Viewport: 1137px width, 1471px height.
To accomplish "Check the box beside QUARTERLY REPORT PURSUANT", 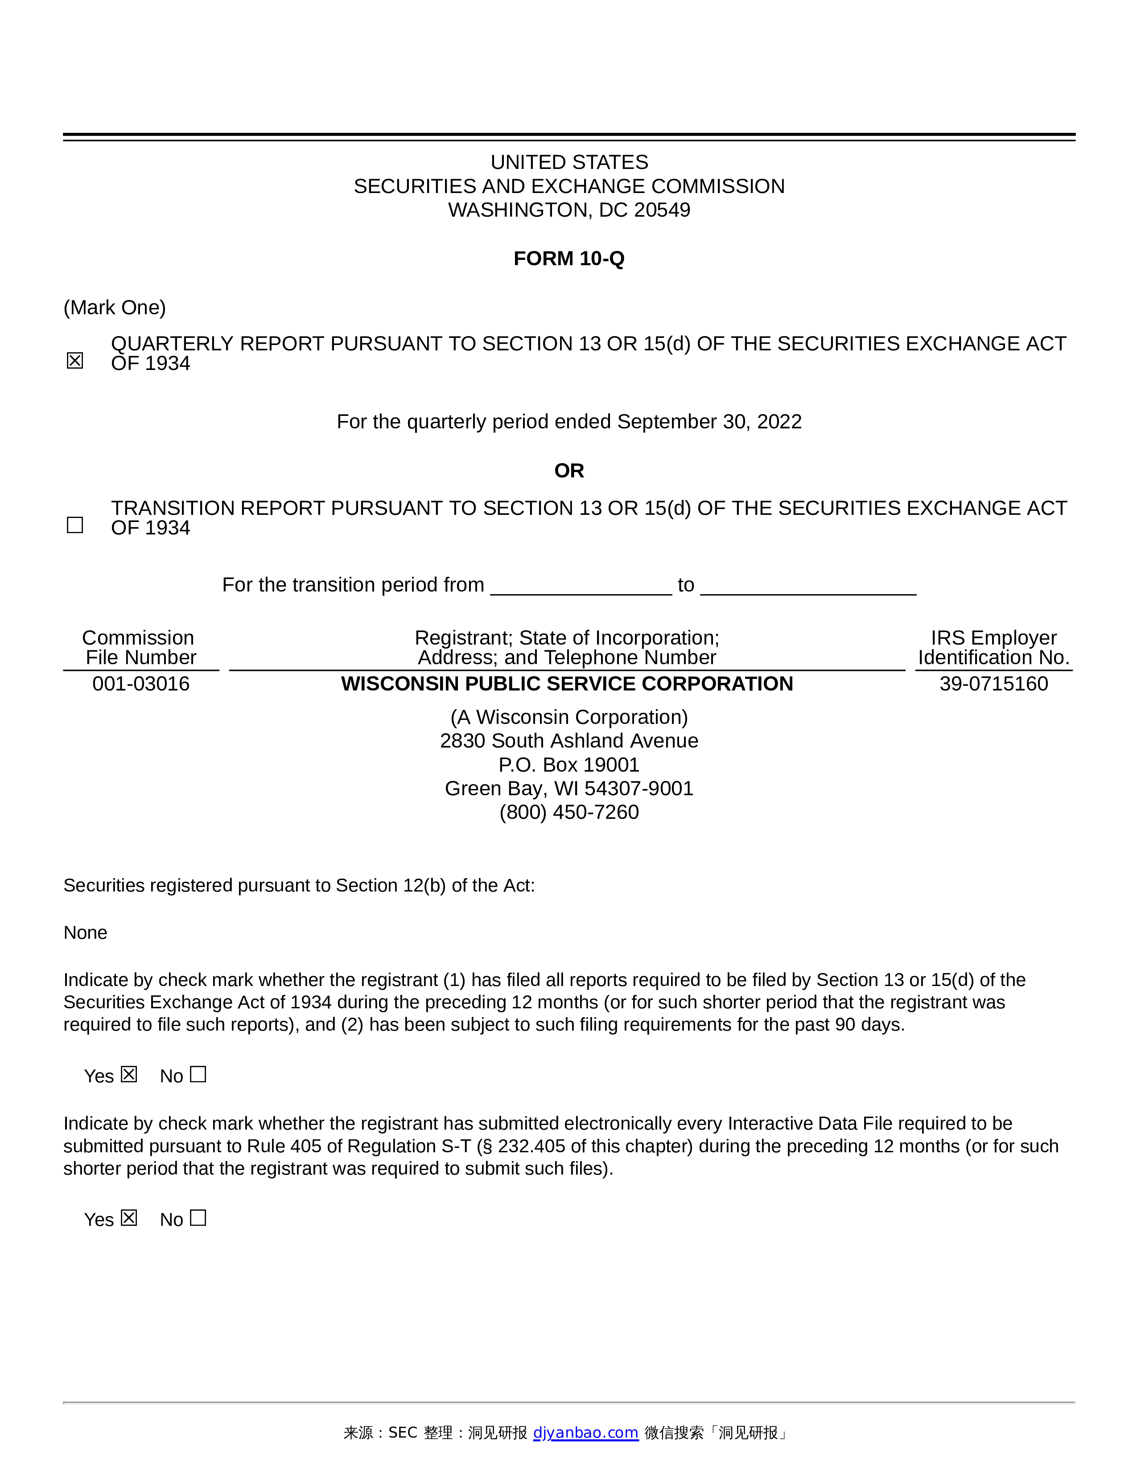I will point(75,361).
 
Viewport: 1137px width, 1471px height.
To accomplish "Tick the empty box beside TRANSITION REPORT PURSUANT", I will point(75,525).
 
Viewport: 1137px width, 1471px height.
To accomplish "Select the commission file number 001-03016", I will point(141,684).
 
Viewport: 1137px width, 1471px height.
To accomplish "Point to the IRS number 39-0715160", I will point(993,684).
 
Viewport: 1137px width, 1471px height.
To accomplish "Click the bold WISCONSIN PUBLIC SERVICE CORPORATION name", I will point(567,684).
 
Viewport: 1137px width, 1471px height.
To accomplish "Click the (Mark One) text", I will point(115,308).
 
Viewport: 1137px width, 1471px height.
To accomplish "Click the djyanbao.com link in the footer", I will point(585,1433).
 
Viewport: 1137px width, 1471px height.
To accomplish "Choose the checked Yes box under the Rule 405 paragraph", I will point(129,1218).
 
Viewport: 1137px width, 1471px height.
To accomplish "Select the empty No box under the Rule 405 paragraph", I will point(198,1218).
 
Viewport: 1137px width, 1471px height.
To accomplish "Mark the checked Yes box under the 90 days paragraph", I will point(129,1074).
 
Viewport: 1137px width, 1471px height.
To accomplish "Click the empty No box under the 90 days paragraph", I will point(198,1074).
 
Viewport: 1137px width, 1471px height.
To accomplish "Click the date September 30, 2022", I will point(709,422).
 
